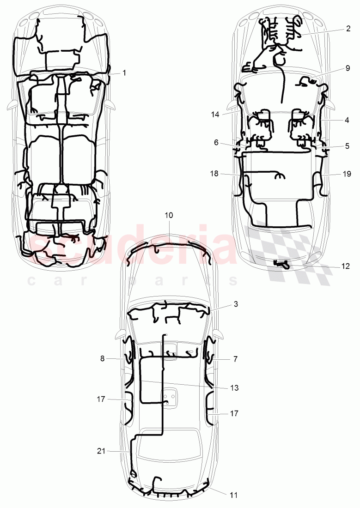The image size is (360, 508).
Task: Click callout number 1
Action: pyautogui.click(x=124, y=73)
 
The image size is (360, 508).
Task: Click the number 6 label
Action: pyautogui.click(x=215, y=143)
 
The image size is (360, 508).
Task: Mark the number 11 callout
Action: pyautogui.click(x=234, y=495)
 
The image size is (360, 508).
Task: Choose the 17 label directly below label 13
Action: pyautogui.click(x=234, y=413)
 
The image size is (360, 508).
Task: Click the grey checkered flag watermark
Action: pyautogui.click(x=291, y=249)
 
